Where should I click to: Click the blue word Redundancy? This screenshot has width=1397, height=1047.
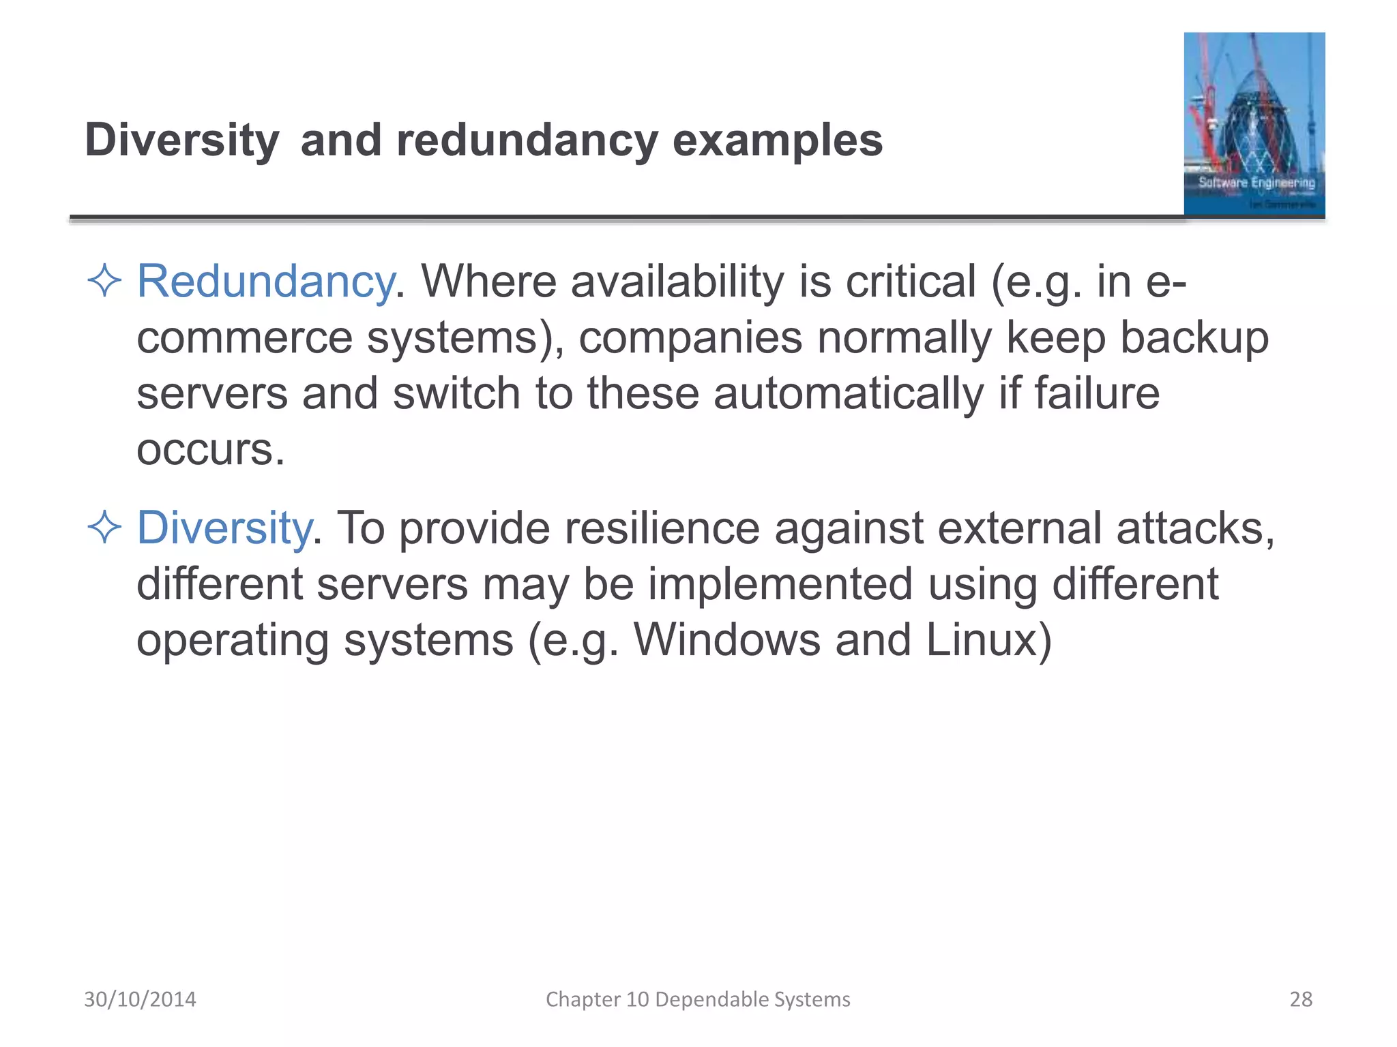pyautogui.click(x=265, y=282)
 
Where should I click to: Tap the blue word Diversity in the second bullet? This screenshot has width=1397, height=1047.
pyautogui.click(x=224, y=528)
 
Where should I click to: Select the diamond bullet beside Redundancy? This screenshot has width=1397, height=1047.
pyautogui.click(x=104, y=281)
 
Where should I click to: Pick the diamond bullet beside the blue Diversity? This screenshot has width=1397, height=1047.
pyautogui.click(x=104, y=528)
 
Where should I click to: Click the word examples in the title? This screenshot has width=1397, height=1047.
pyautogui.click(x=777, y=140)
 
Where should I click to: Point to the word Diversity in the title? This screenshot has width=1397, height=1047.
pyautogui.click(x=181, y=140)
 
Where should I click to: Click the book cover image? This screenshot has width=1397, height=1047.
pyautogui.click(x=1254, y=124)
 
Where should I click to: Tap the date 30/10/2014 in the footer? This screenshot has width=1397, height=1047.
pyautogui.click(x=140, y=999)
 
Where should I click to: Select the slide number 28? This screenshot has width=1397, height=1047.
pyautogui.click(x=1300, y=999)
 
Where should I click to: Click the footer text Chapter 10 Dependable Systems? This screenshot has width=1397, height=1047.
pyautogui.click(x=698, y=999)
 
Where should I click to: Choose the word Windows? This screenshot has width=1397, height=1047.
pyautogui.click(x=726, y=640)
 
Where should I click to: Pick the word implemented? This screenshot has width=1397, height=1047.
pyautogui.click(x=780, y=584)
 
